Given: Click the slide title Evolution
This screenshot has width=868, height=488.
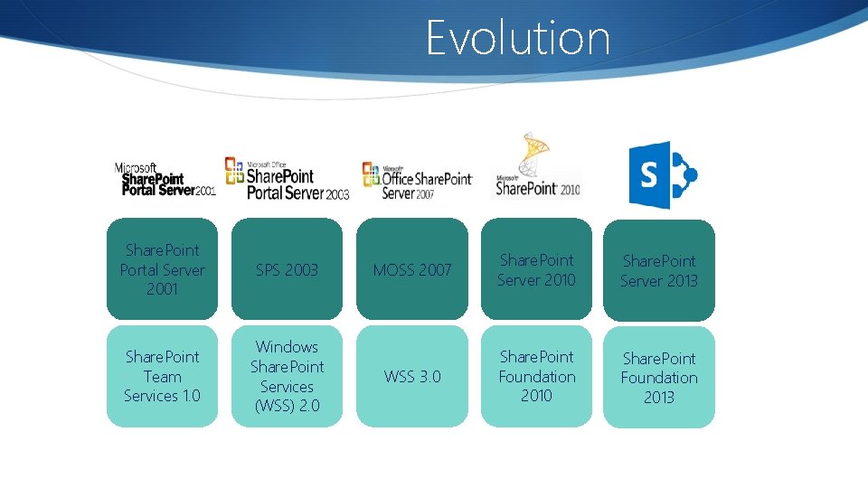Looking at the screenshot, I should coord(518,38).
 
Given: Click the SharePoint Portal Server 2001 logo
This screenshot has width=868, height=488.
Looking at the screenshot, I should coord(165,180).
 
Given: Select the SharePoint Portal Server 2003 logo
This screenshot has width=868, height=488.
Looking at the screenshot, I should coord(287,177).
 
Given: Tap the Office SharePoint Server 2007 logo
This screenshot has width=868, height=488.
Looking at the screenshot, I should coord(416,180).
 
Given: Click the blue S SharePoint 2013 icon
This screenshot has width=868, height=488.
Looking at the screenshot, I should coord(662,174).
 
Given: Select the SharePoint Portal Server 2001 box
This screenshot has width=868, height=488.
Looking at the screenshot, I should coord(163,269).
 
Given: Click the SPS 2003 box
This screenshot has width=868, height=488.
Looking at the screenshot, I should coord(287,269).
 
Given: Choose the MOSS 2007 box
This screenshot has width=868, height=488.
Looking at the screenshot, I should coord(412,269).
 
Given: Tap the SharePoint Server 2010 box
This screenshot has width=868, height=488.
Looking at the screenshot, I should coord(536,269).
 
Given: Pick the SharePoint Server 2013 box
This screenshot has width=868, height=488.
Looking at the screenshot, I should coord(659,270).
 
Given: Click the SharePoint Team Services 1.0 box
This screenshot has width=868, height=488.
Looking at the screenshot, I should coord(163,376).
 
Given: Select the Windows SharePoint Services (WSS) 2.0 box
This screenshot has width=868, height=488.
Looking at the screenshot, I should coord(287,376).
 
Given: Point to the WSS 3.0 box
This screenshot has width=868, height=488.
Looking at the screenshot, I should coord(412,376).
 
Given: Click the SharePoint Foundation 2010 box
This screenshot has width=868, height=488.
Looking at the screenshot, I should coord(536,376).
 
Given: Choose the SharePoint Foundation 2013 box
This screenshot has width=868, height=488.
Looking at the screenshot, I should coord(659,377).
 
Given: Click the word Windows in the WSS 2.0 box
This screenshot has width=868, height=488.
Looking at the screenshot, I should coord(287,347).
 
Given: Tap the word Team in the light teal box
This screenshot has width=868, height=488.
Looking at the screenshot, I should coord(163,377).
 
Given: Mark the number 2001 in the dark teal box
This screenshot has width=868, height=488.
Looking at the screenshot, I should coord(163,289).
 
